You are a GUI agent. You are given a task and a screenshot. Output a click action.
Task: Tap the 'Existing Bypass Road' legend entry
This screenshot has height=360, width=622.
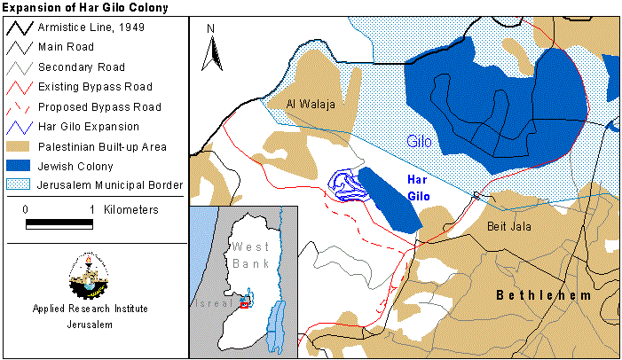[x=94, y=87]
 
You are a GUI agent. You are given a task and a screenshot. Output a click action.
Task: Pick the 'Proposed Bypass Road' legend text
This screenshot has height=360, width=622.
[x=98, y=106]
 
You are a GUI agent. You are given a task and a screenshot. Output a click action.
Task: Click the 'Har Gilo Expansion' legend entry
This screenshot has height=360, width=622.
[x=88, y=126]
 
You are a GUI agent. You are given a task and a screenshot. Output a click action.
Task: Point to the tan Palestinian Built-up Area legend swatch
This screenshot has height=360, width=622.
[x=18, y=145]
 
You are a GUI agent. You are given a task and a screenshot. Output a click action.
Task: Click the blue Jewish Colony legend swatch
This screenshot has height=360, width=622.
[x=18, y=165]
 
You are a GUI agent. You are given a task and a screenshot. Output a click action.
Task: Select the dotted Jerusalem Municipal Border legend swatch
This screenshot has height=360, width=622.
[x=18, y=184]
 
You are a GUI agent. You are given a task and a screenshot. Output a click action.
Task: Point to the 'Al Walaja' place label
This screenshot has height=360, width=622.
[x=311, y=105]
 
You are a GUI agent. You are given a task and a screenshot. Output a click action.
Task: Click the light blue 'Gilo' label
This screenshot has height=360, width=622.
[x=421, y=141]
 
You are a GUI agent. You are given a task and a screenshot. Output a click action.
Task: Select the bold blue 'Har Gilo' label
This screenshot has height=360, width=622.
[x=418, y=186]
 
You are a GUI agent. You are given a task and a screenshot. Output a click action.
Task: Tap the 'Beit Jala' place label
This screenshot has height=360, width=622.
[x=508, y=226]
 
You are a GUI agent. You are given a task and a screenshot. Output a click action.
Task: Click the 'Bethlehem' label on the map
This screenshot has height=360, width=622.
[x=543, y=294]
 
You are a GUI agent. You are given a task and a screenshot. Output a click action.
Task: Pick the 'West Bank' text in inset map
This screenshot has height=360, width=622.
[x=248, y=254]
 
